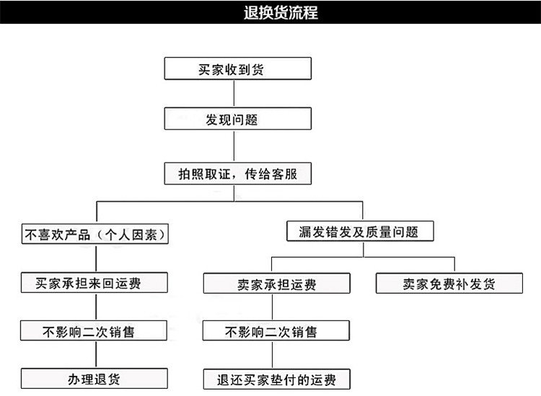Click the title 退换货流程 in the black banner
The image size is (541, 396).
pyautogui.click(x=281, y=12)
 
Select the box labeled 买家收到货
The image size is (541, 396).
pyautogui.click(x=238, y=68)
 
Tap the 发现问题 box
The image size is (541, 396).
pyautogui.click(x=238, y=119)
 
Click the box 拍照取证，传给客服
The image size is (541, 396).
pyautogui.click(x=238, y=174)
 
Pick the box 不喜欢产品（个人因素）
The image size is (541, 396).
pyautogui.click(x=95, y=234)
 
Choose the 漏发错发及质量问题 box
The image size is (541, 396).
pyautogui.click(x=360, y=231)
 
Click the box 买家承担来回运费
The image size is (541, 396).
pyautogui.click(x=94, y=283)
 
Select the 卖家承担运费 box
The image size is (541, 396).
pyautogui.click(x=277, y=284)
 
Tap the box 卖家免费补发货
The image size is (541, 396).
pyautogui.click(x=449, y=284)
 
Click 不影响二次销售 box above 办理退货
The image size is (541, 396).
pyautogui.click(x=94, y=330)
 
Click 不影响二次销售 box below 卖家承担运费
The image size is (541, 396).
pyautogui.click(x=276, y=330)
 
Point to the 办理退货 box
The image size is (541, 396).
pyautogui.click(x=94, y=379)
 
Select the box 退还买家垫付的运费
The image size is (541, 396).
pyautogui.click(x=277, y=379)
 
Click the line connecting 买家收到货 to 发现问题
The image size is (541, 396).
pyautogui.click(x=234, y=94)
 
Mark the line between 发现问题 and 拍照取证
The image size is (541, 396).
pyautogui.click(x=234, y=146)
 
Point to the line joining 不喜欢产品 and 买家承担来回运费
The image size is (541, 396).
pyautogui.click(x=96, y=258)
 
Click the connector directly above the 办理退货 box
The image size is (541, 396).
pyautogui.click(x=96, y=354)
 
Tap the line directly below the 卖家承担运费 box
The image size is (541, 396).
pyautogui.click(x=272, y=307)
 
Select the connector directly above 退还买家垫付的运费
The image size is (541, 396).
pyautogui.click(x=272, y=355)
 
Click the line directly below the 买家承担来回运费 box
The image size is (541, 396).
pyautogui.click(x=96, y=307)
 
